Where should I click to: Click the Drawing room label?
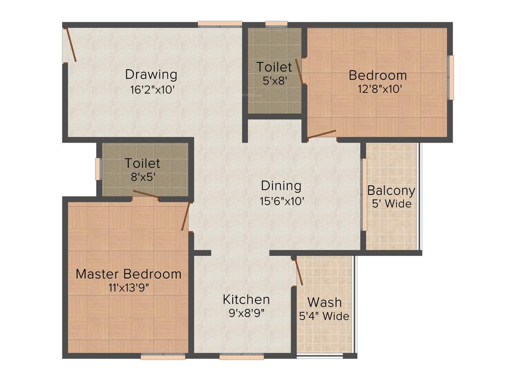[151, 75]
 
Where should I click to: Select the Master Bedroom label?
[128, 274]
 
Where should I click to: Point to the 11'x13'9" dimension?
[128, 288]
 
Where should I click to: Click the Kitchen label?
[246, 299]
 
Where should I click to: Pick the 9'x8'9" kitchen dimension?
[246, 313]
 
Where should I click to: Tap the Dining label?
[281, 186]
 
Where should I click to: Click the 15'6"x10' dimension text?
[281, 201]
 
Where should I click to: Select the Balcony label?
[391, 190]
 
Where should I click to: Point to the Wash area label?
[324, 302]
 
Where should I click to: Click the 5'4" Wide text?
[324, 316]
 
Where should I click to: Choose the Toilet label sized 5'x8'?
[274, 67]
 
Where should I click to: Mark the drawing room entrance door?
[70, 45]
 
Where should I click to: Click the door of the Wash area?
[298, 272]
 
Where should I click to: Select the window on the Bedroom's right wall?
[451, 77]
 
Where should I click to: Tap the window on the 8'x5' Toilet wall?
[98, 169]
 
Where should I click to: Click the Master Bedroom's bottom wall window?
[163, 356]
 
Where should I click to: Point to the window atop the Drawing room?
[220, 24]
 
